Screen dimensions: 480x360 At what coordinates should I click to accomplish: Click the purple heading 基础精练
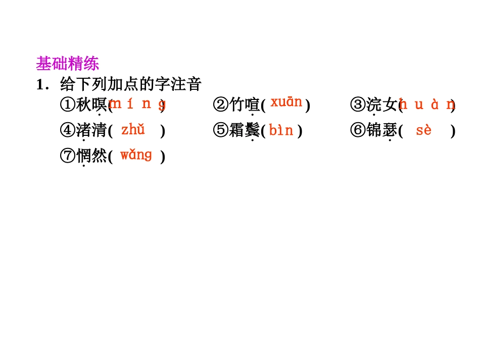67,64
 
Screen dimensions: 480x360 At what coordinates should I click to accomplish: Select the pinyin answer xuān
286,102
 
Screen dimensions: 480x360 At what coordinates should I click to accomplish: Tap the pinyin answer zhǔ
133,130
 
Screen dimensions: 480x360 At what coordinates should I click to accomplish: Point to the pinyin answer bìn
281,131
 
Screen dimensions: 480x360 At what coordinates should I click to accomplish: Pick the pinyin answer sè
424,130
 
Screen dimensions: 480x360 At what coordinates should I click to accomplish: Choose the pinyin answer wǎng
136,155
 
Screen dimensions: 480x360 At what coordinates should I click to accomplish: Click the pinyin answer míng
137,105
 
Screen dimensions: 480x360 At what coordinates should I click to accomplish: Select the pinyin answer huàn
427,105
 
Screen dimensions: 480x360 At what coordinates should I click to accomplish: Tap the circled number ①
67,105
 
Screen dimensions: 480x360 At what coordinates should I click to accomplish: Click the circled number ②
221,105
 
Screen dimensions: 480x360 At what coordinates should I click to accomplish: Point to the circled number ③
358,105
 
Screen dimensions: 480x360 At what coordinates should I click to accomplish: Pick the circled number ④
67,131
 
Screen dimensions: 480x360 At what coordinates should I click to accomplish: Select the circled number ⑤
221,131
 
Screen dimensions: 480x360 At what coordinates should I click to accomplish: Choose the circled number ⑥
358,131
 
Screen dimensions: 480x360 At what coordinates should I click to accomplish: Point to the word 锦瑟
381,131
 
